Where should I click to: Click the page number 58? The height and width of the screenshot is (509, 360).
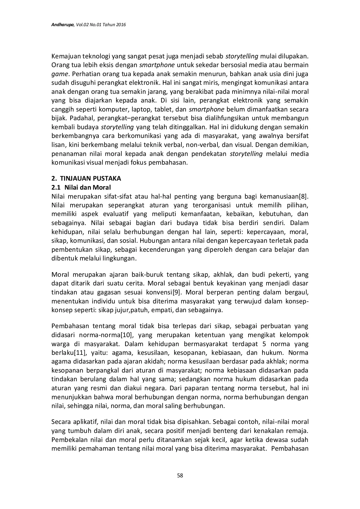180,475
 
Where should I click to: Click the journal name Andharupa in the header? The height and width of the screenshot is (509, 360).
63,25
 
